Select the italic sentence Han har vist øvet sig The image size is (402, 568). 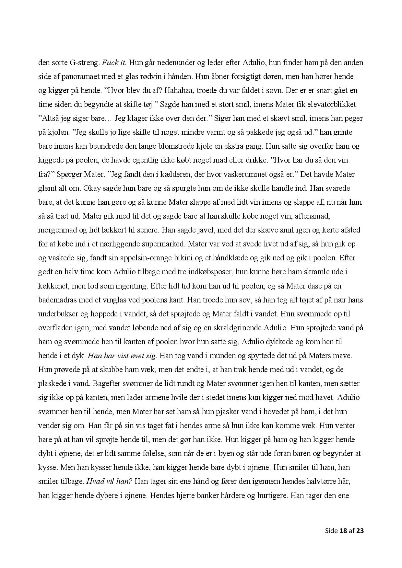(122, 356)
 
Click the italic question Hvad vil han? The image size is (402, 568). (109, 482)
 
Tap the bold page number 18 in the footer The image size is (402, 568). (343, 531)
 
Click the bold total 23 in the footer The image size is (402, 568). (360, 531)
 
